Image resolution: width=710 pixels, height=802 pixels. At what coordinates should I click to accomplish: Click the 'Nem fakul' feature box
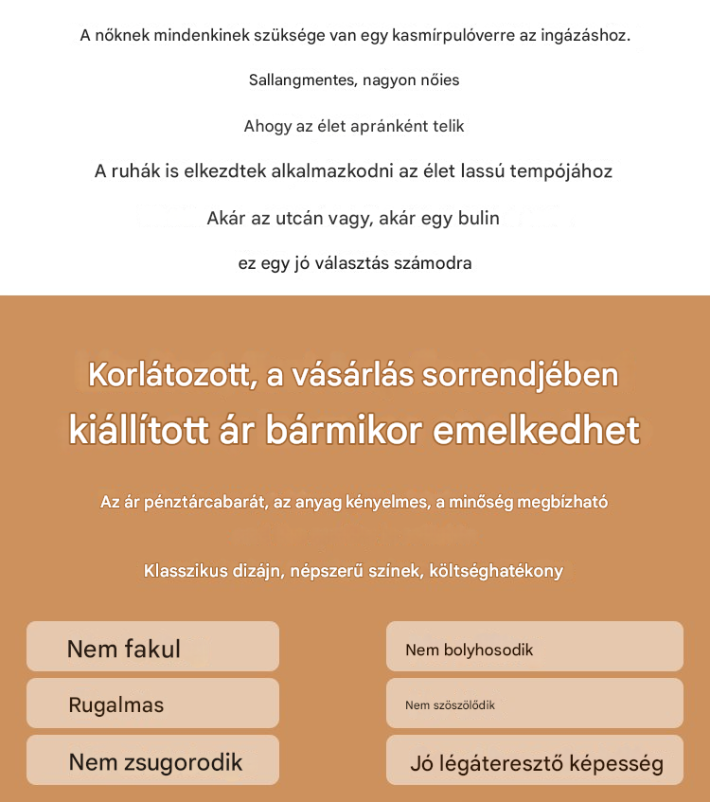pyautogui.click(x=152, y=648)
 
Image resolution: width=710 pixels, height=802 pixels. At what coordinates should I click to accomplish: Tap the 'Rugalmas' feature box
pyautogui.click(x=152, y=704)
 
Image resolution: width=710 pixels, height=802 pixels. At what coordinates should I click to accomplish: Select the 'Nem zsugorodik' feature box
pyautogui.click(x=152, y=761)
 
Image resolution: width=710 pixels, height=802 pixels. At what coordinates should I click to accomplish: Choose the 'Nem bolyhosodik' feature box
pyautogui.click(x=534, y=649)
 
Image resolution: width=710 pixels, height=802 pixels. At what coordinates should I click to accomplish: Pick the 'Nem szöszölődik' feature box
pyautogui.click(x=534, y=704)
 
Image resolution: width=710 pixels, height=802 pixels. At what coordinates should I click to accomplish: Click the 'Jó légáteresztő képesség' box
pyautogui.click(x=534, y=762)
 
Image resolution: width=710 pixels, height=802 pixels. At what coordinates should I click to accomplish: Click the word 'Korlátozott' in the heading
pyautogui.click(x=171, y=375)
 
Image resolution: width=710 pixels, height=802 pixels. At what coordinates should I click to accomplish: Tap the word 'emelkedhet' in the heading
pyautogui.click(x=537, y=430)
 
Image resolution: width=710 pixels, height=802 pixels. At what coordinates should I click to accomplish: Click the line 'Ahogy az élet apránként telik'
pyautogui.click(x=354, y=126)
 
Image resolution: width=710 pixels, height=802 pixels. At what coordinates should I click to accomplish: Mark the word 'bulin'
pyautogui.click(x=478, y=218)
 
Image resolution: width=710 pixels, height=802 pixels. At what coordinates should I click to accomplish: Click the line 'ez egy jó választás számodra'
pyautogui.click(x=355, y=263)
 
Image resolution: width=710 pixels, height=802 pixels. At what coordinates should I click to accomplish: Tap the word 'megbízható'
pyautogui.click(x=561, y=502)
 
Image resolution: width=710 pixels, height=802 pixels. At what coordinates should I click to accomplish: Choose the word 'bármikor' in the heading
pyautogui.click(x=345, y=430)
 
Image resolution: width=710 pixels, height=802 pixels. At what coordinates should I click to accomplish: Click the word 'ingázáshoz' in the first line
pyautogui.click(x=586, y=36)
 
